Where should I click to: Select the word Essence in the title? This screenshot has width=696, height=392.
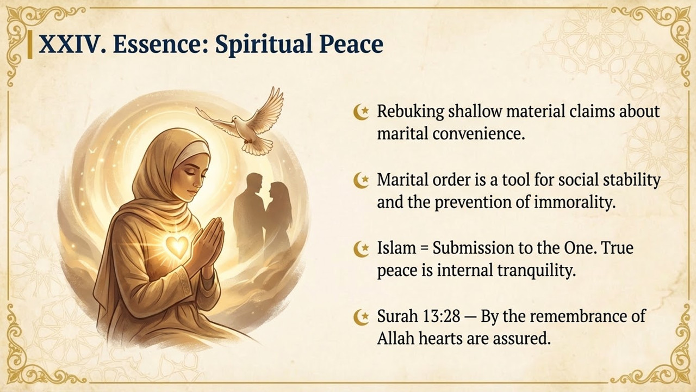click(x=159, y=44)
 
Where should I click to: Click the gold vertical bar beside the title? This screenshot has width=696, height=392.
click(x=30, y=45)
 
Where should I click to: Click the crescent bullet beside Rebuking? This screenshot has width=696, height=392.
click(x=361, y=112)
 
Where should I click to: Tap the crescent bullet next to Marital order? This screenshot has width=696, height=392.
click(x=361, y=180)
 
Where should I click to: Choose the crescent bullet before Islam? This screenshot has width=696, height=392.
click(x=361, y=249)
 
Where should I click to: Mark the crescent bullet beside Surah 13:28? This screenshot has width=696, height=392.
click(x=361, y=317)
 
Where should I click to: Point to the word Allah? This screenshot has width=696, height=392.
click(x=395, y=338)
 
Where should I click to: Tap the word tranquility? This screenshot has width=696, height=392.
click(x=537, y=271)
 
